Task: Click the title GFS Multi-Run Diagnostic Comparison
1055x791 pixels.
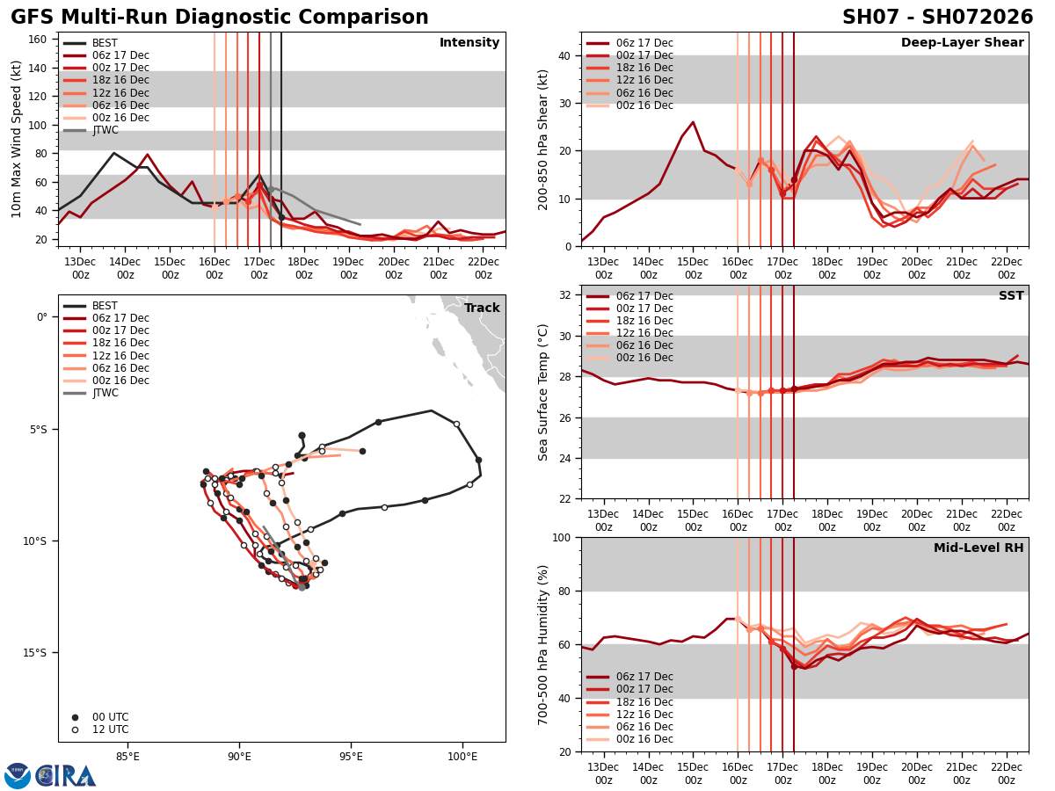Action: [x=220, y=18]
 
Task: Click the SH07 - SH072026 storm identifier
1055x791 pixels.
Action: [x=937, y=18]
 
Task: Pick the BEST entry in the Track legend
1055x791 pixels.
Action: [x=105, y=306]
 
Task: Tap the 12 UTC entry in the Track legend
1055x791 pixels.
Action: [x=110, y=729]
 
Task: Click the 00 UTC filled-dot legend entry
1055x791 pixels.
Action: [x=110, y=717]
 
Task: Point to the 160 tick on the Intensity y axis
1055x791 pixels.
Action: [x=40, y=40]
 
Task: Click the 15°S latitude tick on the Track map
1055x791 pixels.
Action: [x=35, y=652]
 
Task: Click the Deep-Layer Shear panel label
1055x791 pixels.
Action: [x=962, y=43]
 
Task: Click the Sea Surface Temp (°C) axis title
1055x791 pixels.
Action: [x=543, y=392]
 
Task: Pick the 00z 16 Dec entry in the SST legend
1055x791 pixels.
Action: [x=644, y=358]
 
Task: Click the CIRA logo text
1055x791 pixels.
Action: [x=66, y=775]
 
